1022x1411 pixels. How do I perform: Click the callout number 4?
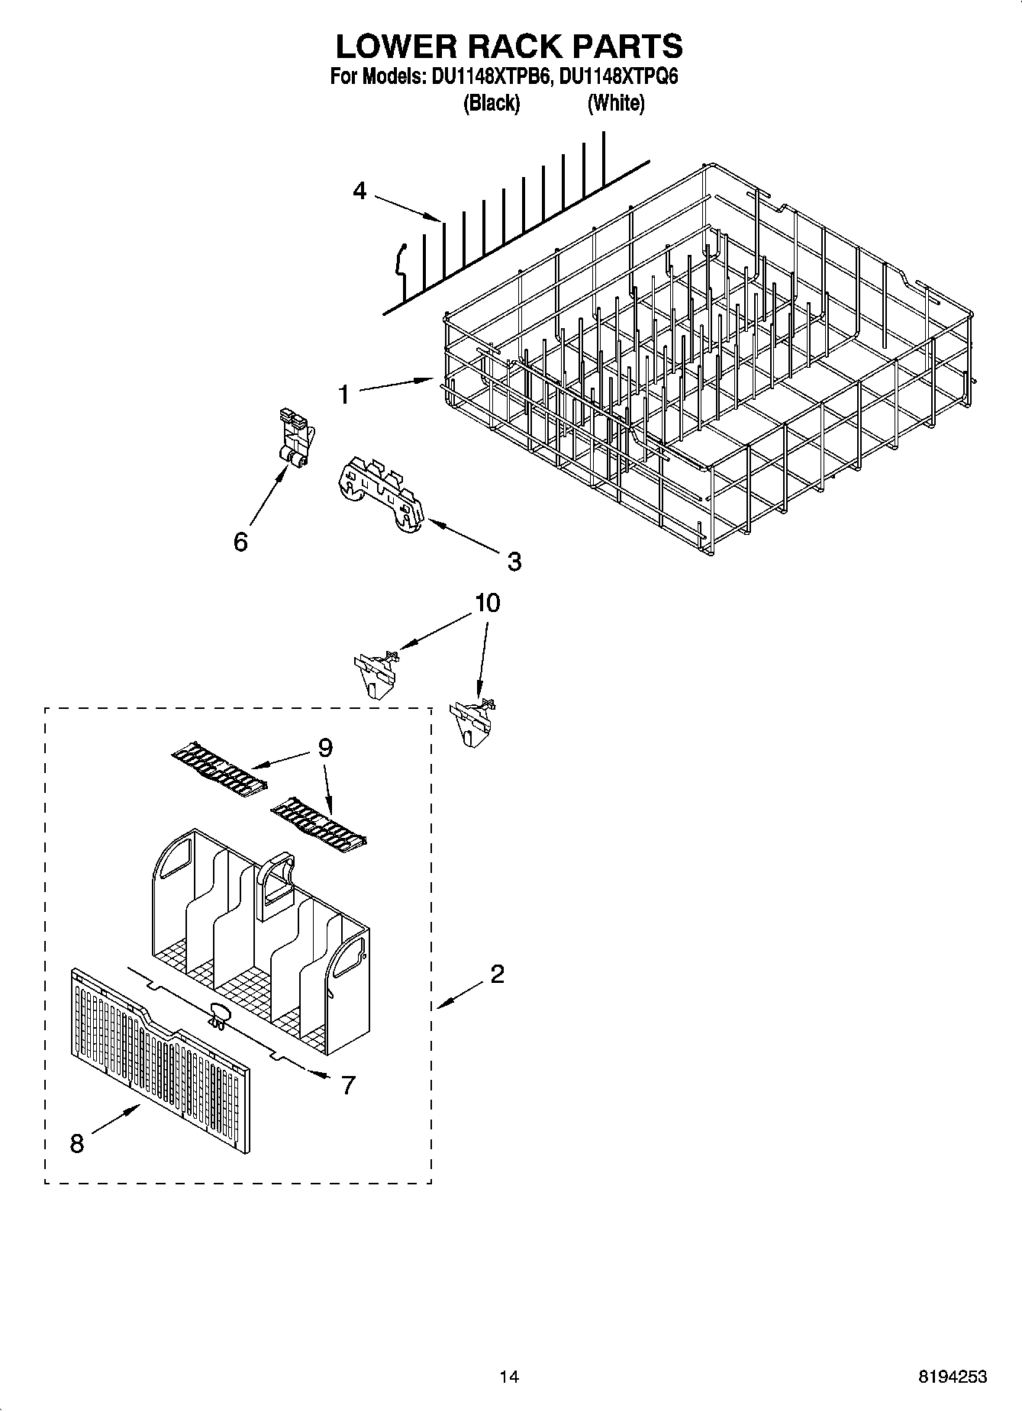[359, 191]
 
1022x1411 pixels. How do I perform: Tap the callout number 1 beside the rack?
[343, 395]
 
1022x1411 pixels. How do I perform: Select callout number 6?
[240, 542]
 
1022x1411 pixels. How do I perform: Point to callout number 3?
[514, 562]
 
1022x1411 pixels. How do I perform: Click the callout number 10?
[487, 603]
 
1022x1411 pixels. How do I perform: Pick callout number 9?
[325, 748]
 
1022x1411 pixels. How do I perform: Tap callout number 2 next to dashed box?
[497, 974]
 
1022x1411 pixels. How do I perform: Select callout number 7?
[348, 1084]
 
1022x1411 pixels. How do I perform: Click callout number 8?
[76, 1144]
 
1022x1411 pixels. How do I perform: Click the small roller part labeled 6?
[294, 441]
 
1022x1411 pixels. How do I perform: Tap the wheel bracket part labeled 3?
[380, 496]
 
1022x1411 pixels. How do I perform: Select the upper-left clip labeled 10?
[376, 672]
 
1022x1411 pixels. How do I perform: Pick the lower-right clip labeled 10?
[472, 721]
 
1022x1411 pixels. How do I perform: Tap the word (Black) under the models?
[492, 103]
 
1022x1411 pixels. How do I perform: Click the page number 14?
[509, 1377]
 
